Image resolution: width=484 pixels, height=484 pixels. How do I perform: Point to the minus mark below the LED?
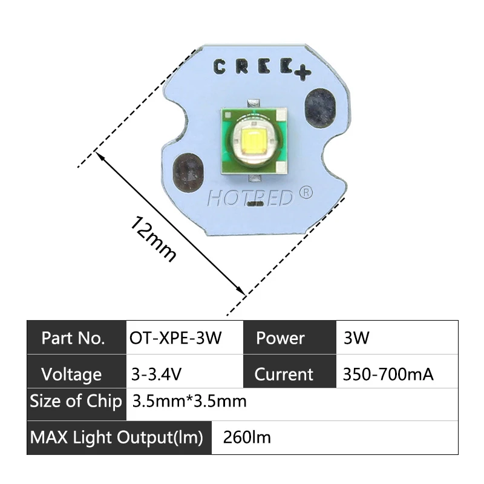click(x=254, y=206)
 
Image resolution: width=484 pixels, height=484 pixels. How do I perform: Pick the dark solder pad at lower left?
click(x=187, y=174)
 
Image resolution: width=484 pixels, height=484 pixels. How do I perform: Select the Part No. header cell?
click(x=73, y=338)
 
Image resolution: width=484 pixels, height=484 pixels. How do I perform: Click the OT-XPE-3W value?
click(x=175, y=338)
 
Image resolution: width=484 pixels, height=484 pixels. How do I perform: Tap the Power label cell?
click(x=280, y=338)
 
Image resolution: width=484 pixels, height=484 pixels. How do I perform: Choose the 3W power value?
click(x=356, y=338)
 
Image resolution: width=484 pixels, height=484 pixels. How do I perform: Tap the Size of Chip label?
click(x=76, y=401)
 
